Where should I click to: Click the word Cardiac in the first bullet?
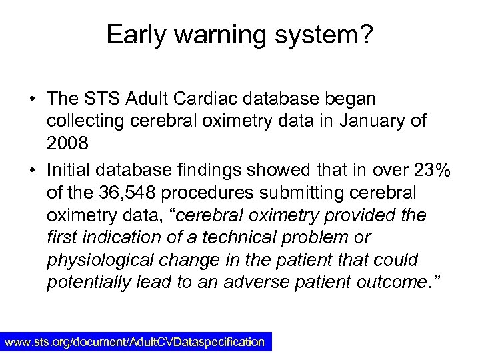(200, 99)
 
